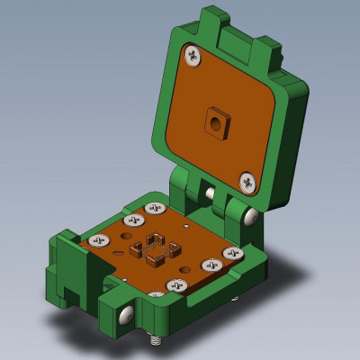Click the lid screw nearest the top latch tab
pyautogui.click(x=193, y=57)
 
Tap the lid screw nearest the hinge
pyautogui.click(x=247, y=183)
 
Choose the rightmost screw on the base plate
pyautogui.click(x=235, y=255)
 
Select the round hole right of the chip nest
pyautogui.click(x=184, y=269)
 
